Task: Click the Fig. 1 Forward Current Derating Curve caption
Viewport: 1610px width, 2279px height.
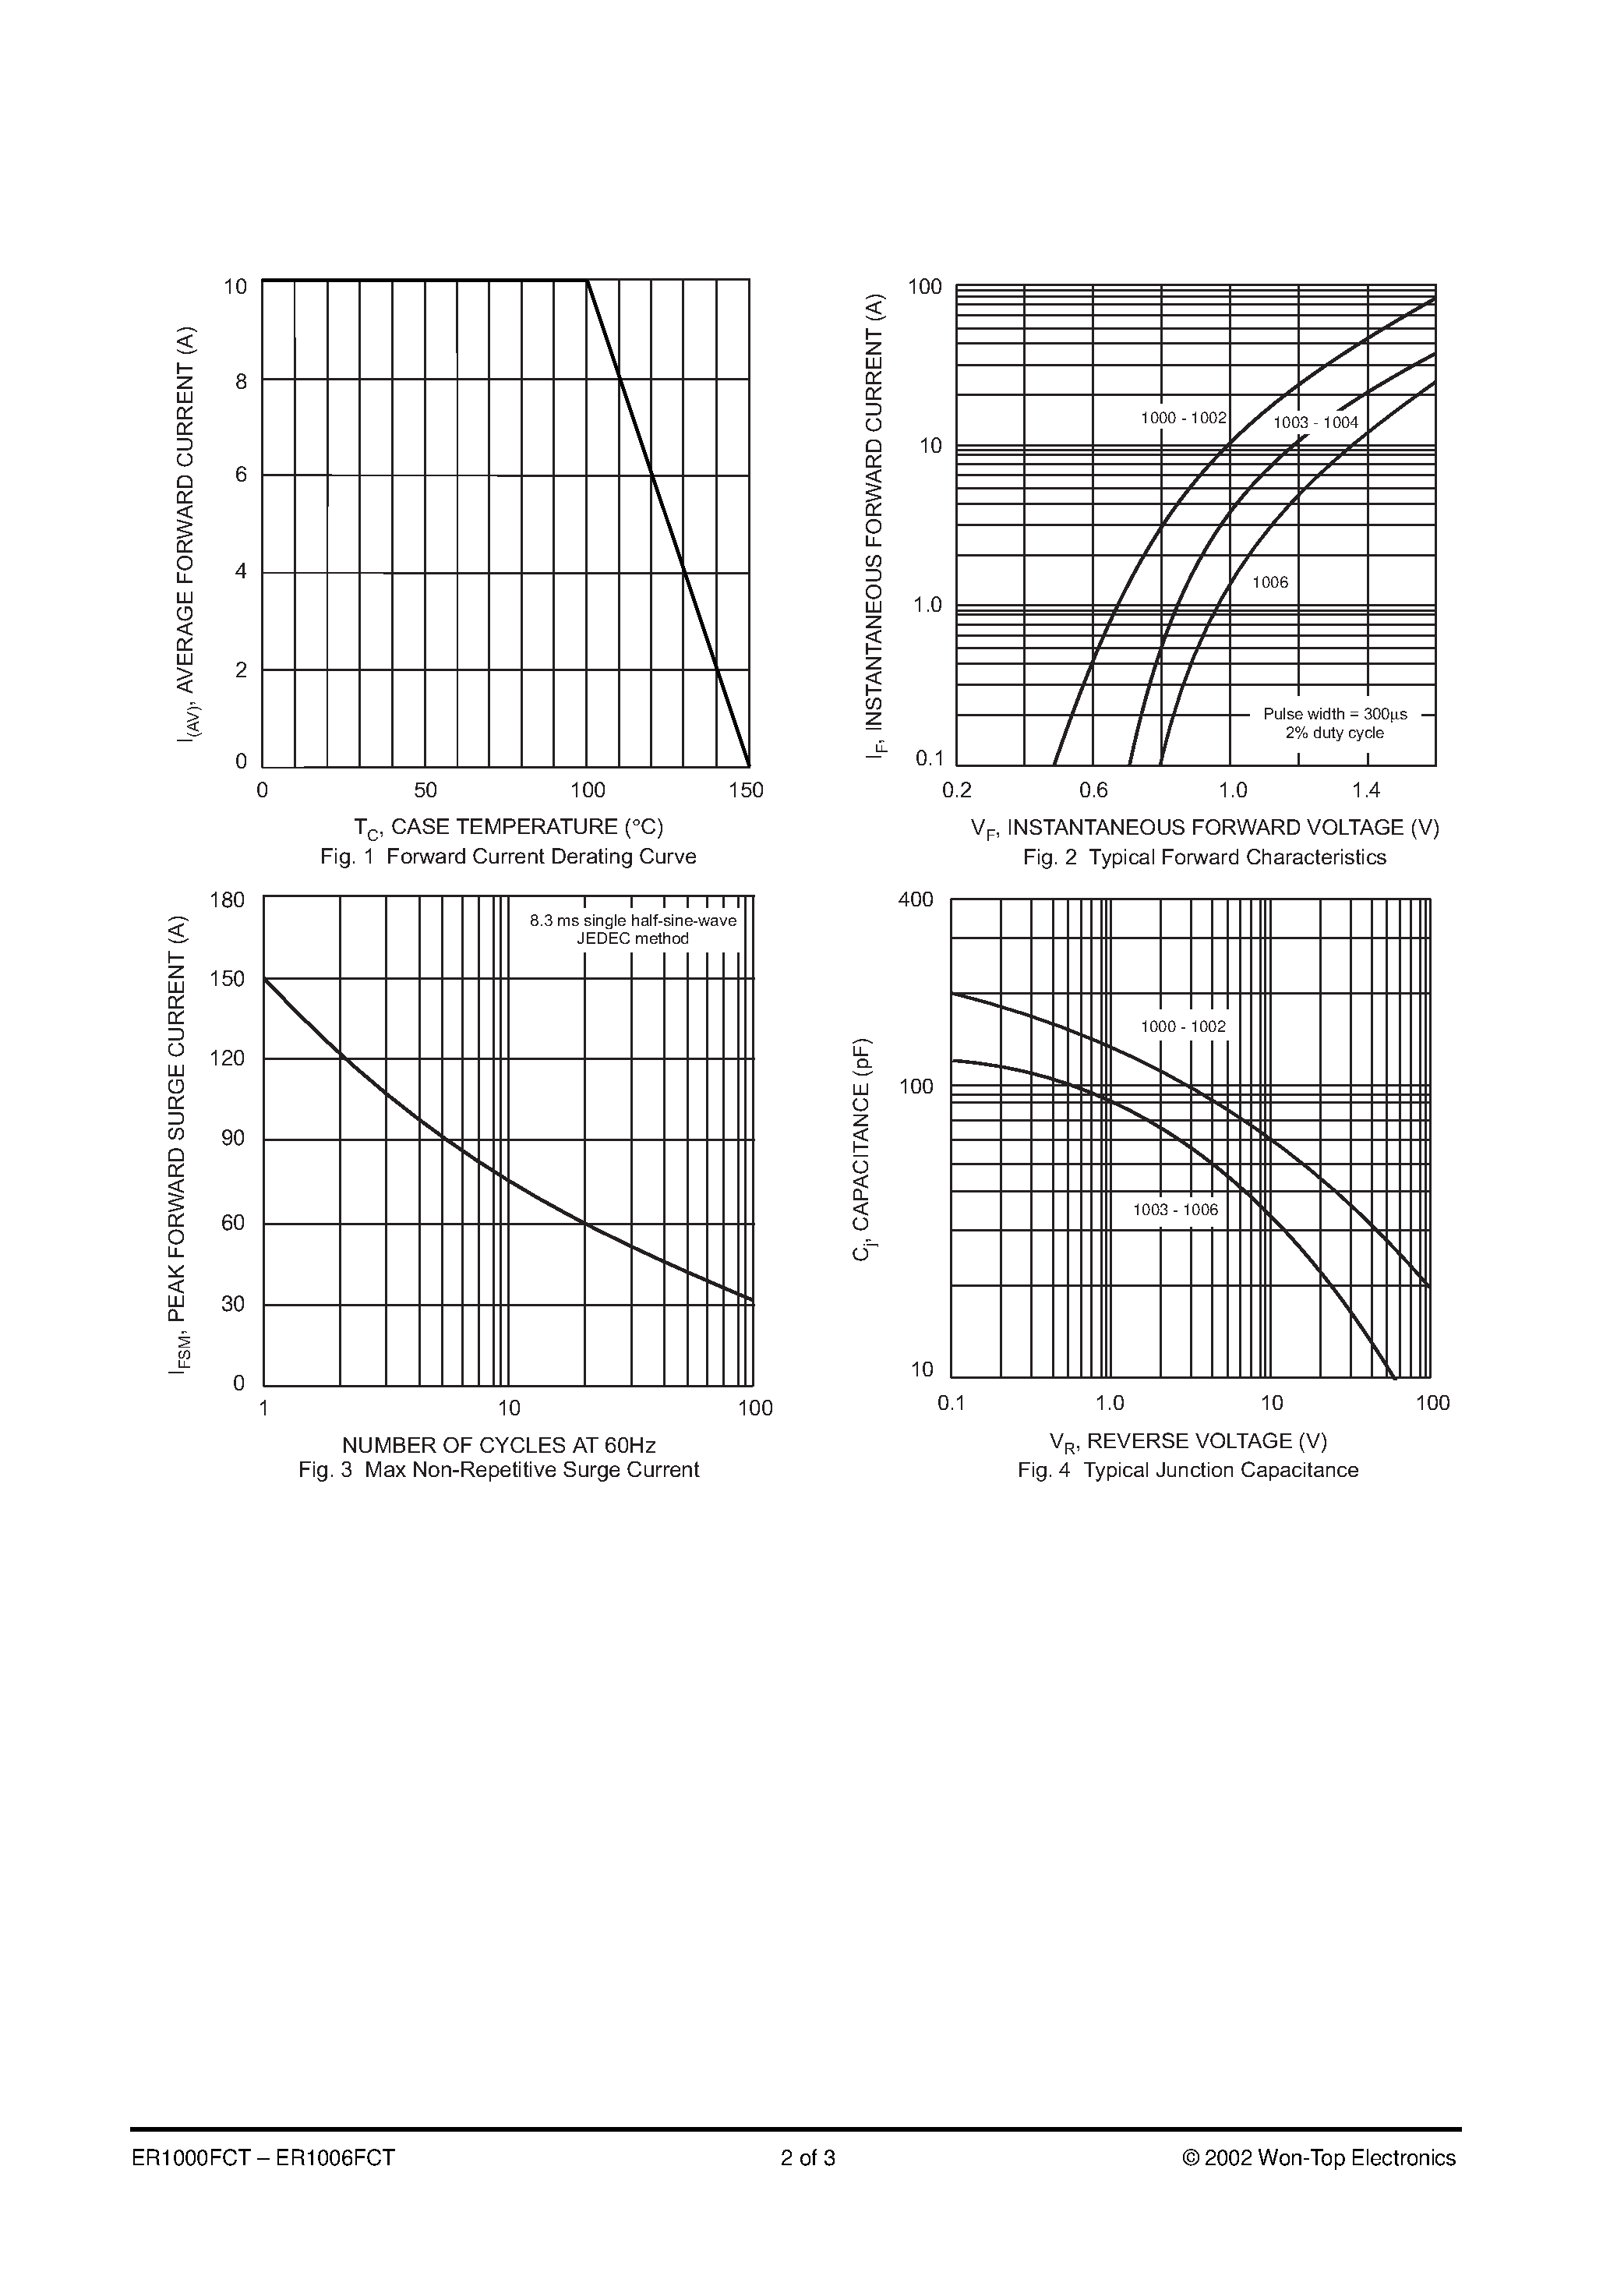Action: coord(507,857)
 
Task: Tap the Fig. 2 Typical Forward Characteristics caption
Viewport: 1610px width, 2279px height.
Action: coord(1204,857)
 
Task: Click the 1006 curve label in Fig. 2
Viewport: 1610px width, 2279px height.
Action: coord(1269,583)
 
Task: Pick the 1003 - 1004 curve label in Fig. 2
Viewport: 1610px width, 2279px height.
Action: coord(1315,423)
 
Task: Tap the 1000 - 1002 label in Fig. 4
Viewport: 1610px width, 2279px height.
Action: coord(1183,1026)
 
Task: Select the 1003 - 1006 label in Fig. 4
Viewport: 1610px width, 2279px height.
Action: coord(1175,1209)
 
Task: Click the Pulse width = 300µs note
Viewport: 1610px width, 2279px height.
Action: coord(1334,714)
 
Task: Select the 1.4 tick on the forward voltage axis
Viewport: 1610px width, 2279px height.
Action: coord(1366,790)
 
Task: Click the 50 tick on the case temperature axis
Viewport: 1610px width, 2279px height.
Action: coord(425,790)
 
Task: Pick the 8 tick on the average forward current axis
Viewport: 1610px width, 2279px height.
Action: coord(240,381)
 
